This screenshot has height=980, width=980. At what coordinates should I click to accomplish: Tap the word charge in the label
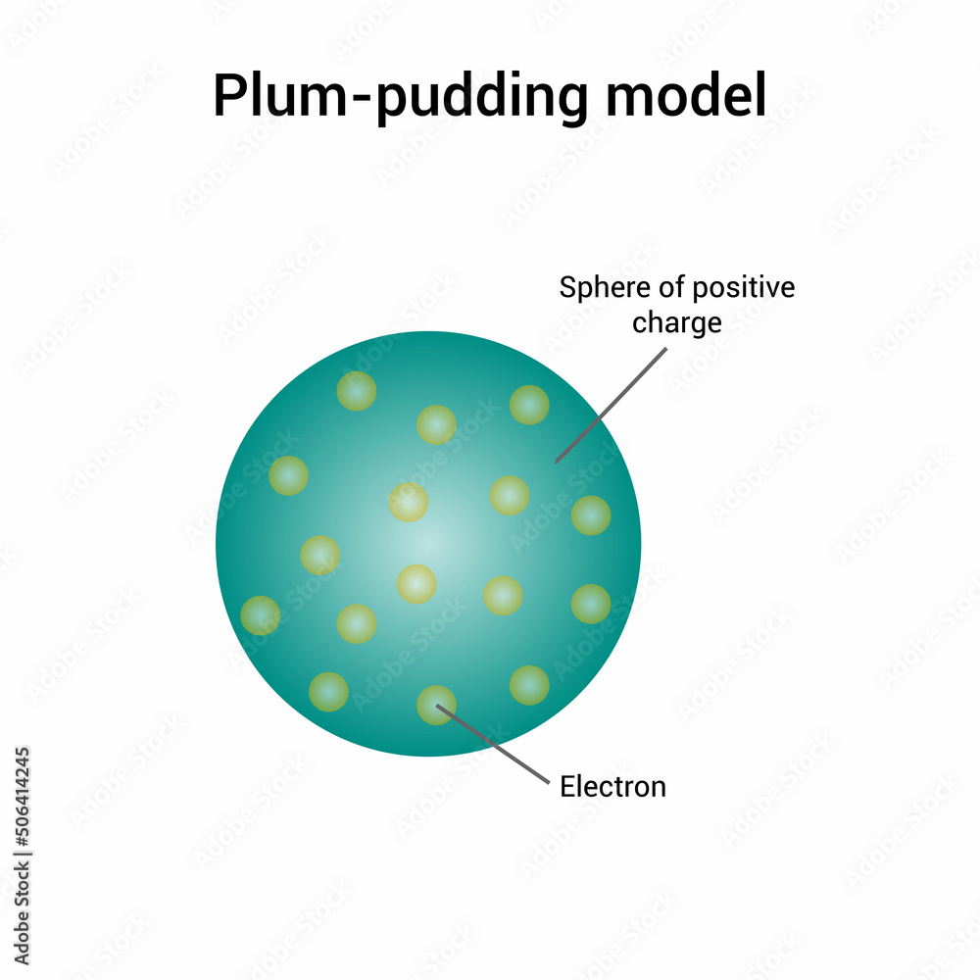tap(676, 322)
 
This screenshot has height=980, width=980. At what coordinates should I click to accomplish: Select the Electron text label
tap(612, 786)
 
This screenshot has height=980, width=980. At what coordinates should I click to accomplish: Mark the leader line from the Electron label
tap(495, 746)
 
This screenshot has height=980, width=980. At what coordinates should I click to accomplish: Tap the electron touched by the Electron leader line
tap(436, 706)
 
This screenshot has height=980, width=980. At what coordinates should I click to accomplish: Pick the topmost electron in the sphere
tap(357, 390)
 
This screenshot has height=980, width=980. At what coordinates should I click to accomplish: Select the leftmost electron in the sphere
tap(261, 615)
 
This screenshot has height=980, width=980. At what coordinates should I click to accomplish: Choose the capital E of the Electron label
tap(566, 786)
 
